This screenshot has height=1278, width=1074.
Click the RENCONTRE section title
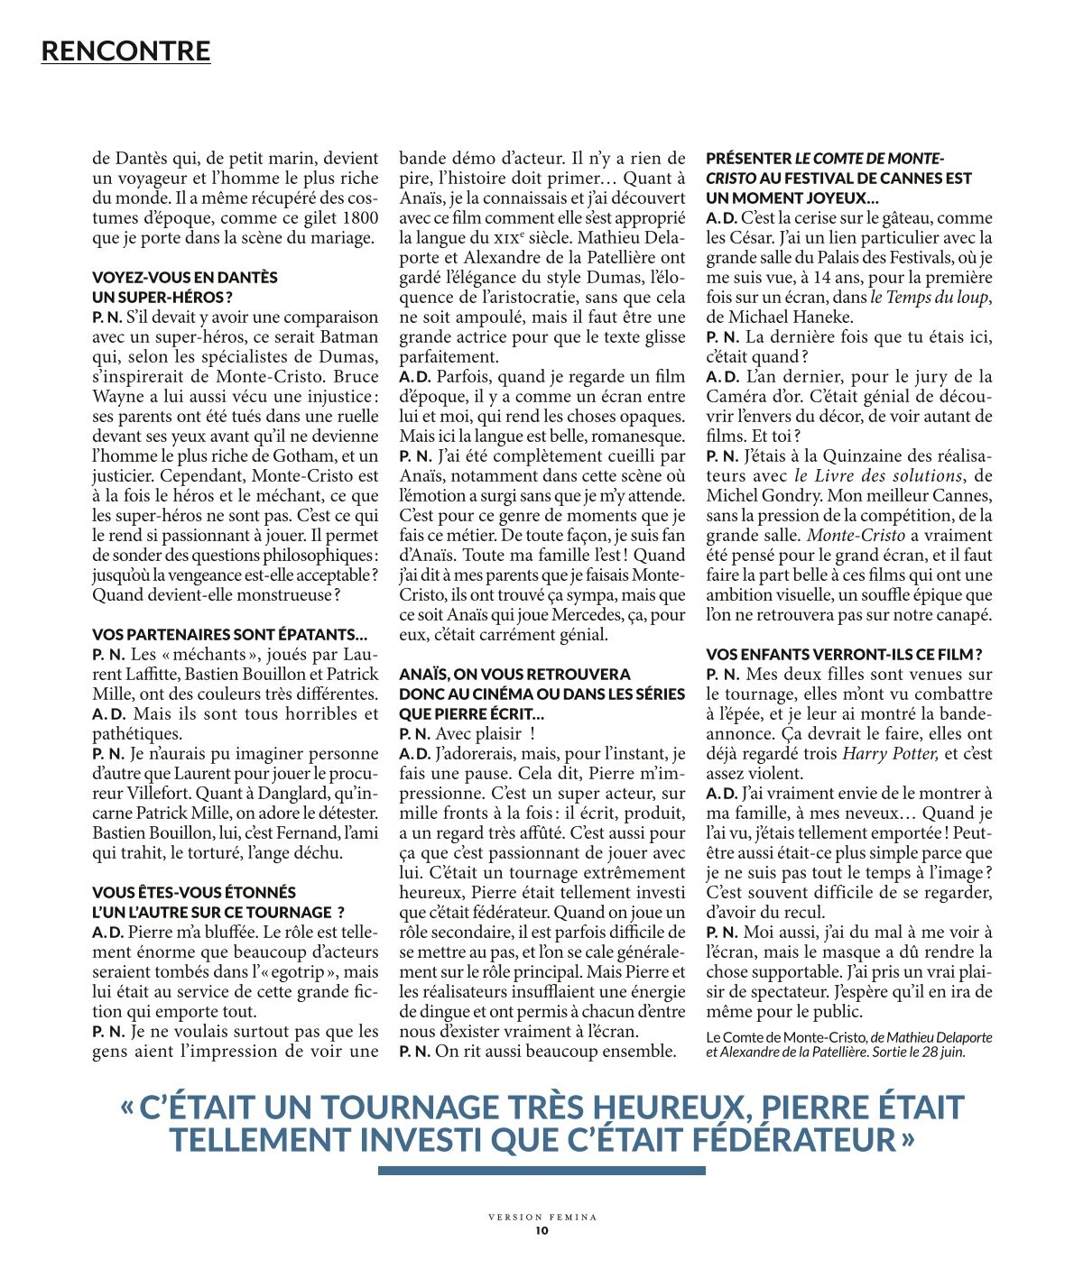click(x=125, y=51)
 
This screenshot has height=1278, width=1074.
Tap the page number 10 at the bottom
click(x=542, y=1230)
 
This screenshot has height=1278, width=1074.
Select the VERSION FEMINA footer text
click(x=542, y=1218)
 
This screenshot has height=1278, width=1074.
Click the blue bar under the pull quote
click(x=542, y=1171)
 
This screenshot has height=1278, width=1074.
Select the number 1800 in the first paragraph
click(x=361, y=218)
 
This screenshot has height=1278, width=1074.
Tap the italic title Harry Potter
click(x=890, y=754)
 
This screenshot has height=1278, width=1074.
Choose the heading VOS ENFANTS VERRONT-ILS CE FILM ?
click(x=844, y=655)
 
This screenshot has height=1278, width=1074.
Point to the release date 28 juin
click(x=943, y=1053)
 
